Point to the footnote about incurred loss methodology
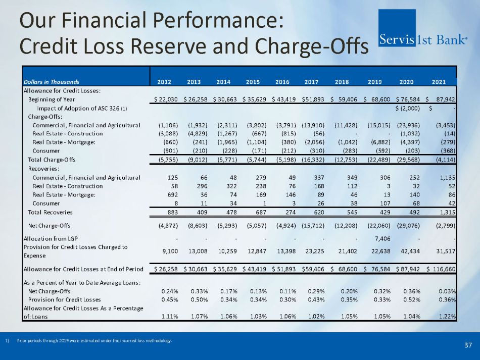[x=94, y=340]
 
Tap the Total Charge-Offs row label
[x=51, y=160]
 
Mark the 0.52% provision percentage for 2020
[x=417, y=299]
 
